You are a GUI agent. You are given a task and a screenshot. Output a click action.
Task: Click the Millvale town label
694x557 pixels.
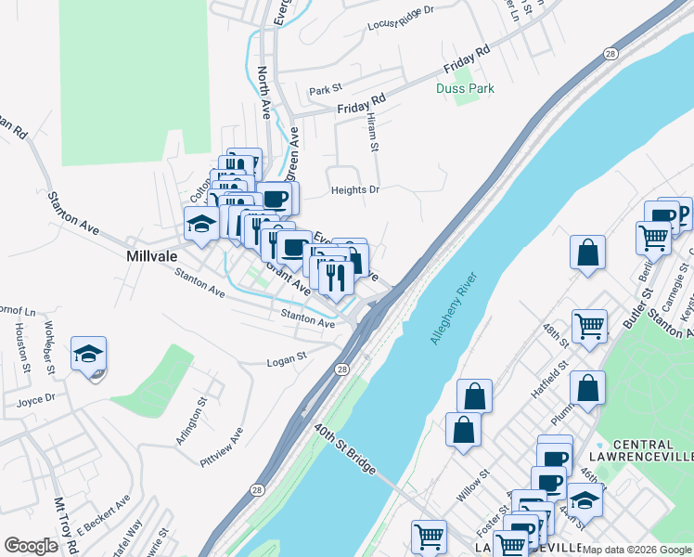(x=152, y=253)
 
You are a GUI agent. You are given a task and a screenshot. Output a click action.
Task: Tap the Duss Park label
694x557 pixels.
(x=465, y=89)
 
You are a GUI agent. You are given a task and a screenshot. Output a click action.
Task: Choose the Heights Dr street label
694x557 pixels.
(x=355, y=190)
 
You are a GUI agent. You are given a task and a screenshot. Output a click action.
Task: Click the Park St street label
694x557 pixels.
(x=326, y=91)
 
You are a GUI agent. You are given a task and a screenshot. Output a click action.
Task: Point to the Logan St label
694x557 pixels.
(x=287, y=358)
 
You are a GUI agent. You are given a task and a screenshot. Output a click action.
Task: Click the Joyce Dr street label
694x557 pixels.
(x=36, y=399)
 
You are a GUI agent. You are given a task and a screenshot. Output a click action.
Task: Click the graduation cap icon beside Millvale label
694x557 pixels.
(x=201, y=224)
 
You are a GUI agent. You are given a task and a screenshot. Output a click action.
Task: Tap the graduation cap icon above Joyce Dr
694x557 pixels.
(x=88, y=355)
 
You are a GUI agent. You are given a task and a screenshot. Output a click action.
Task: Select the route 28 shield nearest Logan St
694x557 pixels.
(x=341, y=369)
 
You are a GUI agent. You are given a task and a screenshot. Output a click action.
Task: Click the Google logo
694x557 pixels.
(x=31, y=546)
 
